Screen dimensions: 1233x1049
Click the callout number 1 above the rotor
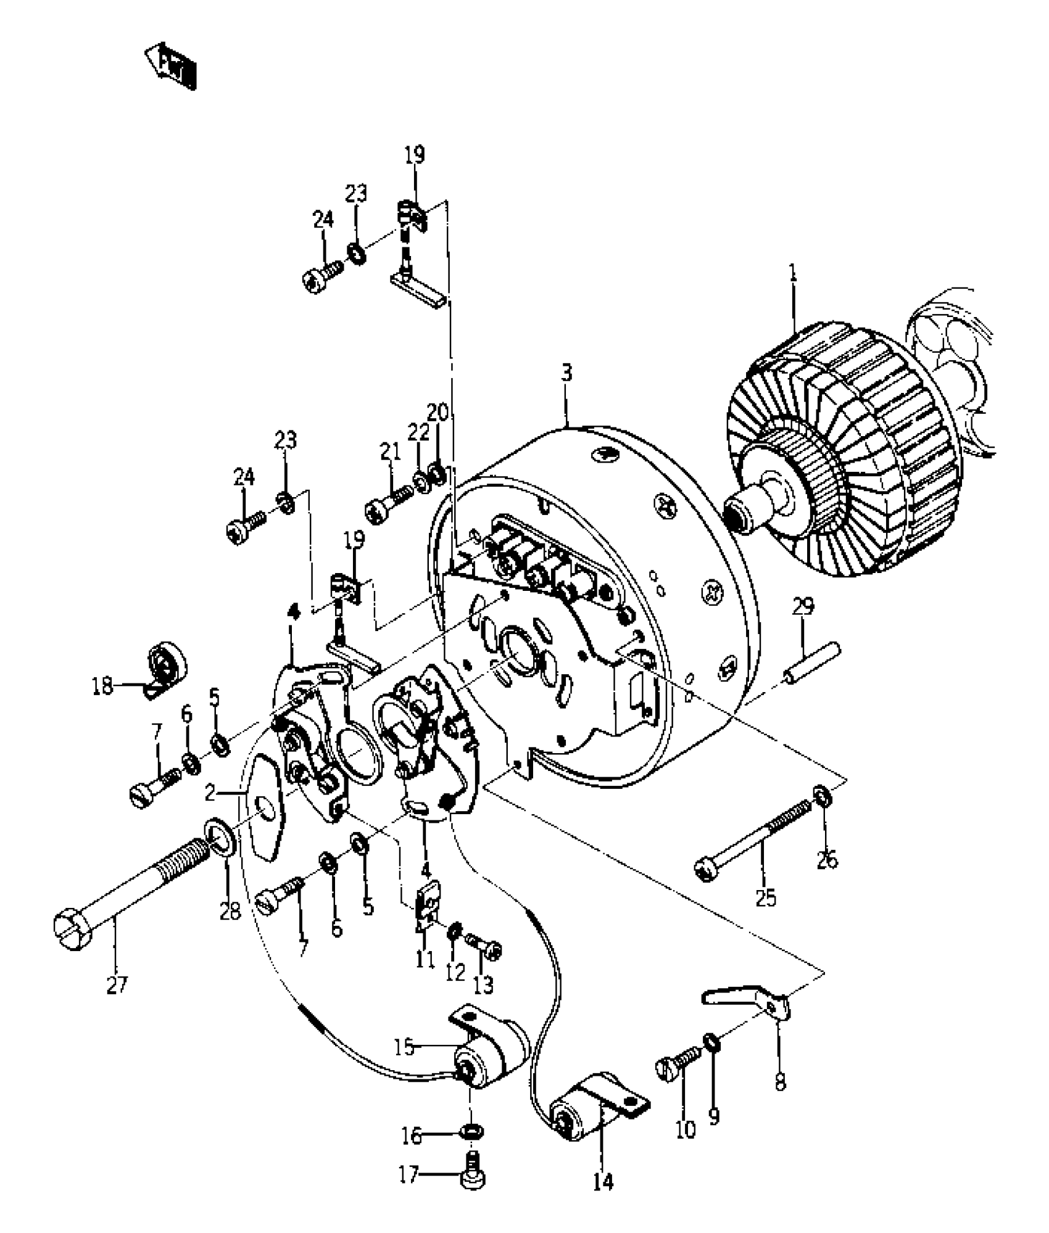794,274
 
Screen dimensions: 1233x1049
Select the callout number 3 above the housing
566,373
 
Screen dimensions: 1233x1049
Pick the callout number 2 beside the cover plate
210,793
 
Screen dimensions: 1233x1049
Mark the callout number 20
437,412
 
